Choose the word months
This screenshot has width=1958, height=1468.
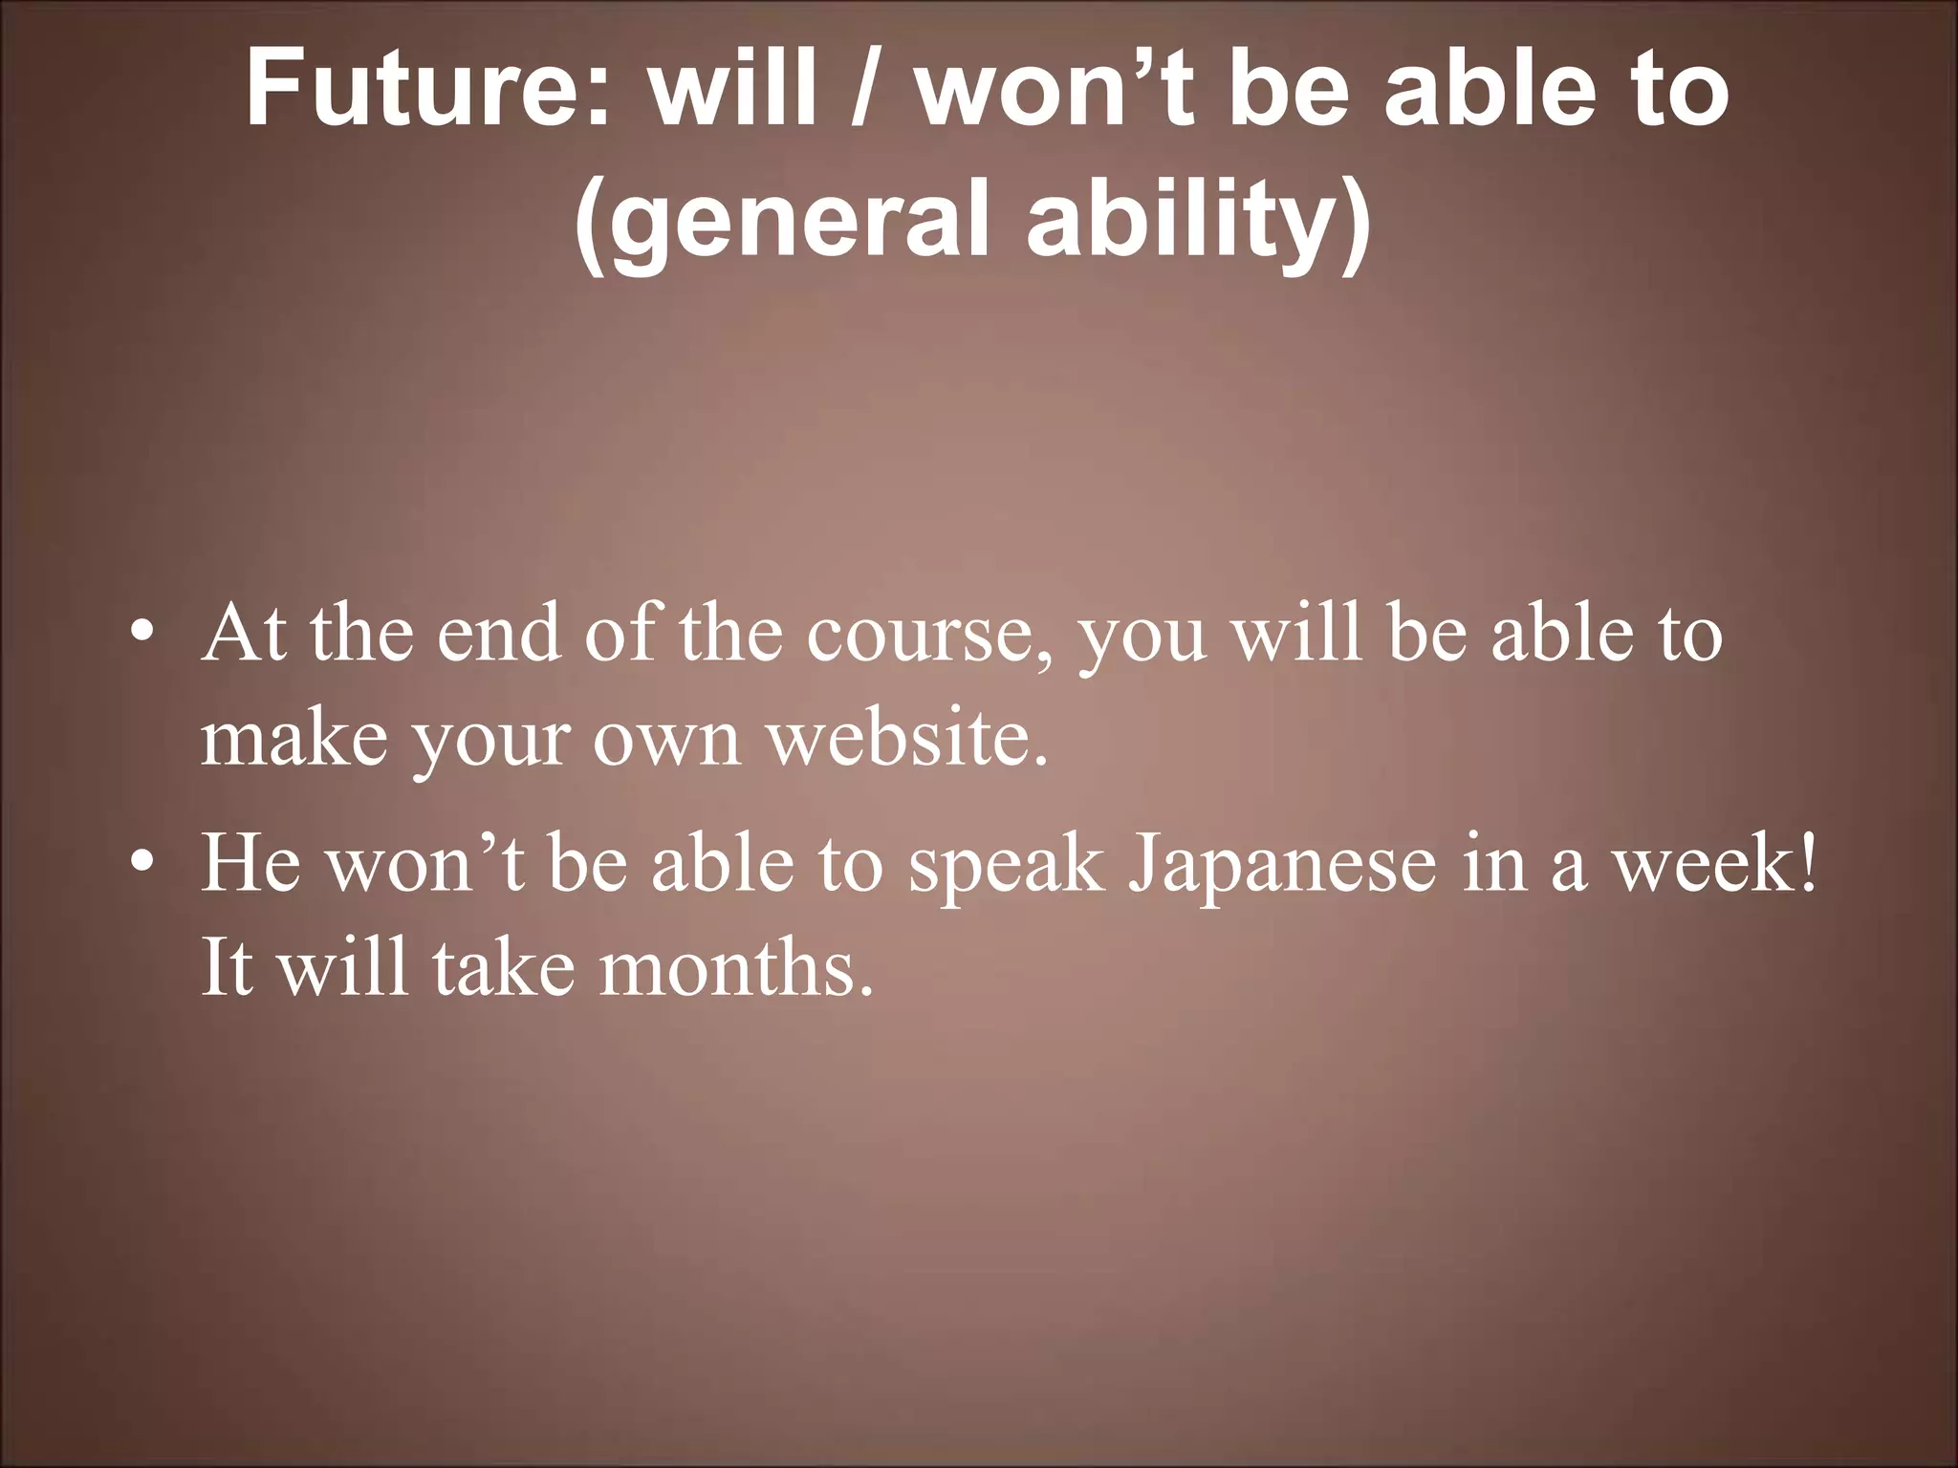coord(736,968)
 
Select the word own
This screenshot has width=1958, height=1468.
coord(667,743)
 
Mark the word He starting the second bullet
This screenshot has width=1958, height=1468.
coord(250,864)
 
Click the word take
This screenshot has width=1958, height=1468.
coord(503,968)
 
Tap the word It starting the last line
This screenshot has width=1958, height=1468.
coord(227,968)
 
